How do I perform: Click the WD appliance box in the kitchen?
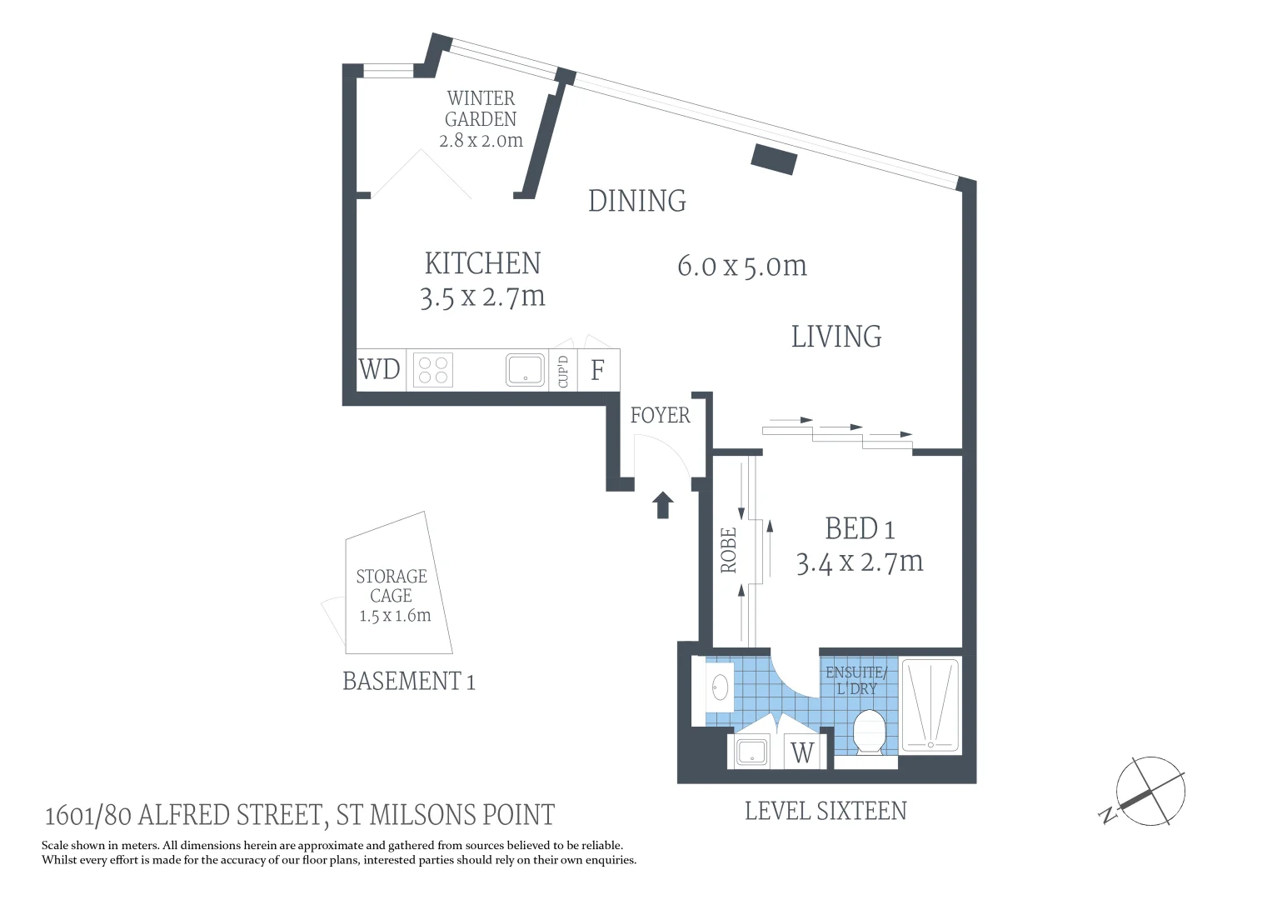click(x=380, y=369)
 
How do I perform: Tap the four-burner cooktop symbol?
click(x=432, y=370)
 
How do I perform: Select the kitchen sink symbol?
click(x=526, y=370)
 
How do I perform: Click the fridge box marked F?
click(x=597, y=370)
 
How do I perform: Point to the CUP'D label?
click(x=563, y=371)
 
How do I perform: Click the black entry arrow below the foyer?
click(x=663, y=505)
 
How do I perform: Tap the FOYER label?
click(x=660, y=415)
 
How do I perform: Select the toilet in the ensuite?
click(x=868, y=733)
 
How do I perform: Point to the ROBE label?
click(x=729, y=550)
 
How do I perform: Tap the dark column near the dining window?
click(x=775, y=158)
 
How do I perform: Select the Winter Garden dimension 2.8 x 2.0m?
click(x=481, y=141)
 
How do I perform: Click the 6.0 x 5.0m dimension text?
click(x=742, y=266)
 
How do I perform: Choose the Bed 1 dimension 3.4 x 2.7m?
click(x=860, y=562)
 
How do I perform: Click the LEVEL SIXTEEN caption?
click(x=826, y=811)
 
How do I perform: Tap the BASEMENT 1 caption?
click(x=409, y=681)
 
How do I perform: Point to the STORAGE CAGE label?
click(x=392, y=586)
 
